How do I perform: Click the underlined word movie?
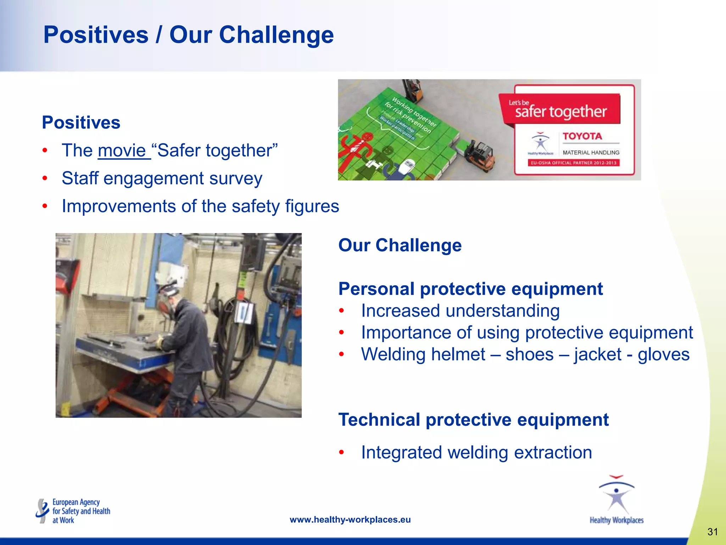tap(122, 151)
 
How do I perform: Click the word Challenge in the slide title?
tap(276, 35)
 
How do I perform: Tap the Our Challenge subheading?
tap(400, 245)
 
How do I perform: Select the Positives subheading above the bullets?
tap(81, 123)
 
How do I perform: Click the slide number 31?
tap(712, 532)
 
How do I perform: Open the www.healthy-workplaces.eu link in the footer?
tap(350, 520)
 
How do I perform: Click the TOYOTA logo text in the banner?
tap(582, 136)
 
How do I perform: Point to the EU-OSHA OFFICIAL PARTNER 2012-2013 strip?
tap(573, 163)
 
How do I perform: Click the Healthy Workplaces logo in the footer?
tap(616, 500)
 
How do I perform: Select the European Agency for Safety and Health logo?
tap(73, 511)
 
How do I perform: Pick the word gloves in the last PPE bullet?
tap(663, 354)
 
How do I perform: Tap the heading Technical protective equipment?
tap(473, 420)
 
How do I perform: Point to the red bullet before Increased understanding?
tap(341, 311)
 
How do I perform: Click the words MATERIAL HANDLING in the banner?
tap(591, 153)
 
